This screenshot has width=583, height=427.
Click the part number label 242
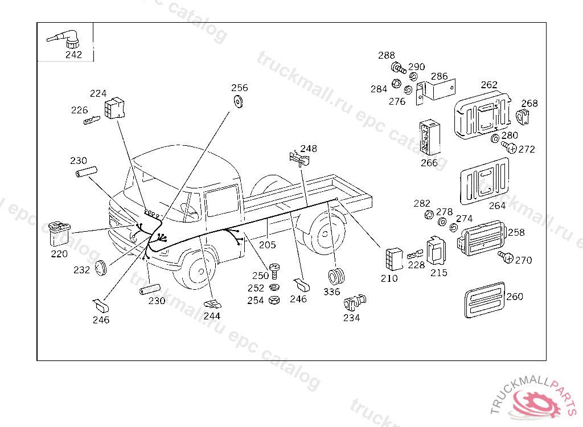[x=73, y=55]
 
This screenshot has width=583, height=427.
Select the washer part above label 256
[x=238, y=101]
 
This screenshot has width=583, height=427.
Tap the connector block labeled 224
[x=115, y=108]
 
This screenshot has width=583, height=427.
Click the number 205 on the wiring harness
[x=267, y=245]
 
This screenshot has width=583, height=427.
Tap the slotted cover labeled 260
[x=485, y=300]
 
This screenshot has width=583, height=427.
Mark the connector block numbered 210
[x=393, y=260]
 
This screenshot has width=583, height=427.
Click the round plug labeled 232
[x=101, y=267]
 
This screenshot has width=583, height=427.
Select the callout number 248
[x=309, y=149]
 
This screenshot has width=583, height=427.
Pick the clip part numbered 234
[x=355, y=302]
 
